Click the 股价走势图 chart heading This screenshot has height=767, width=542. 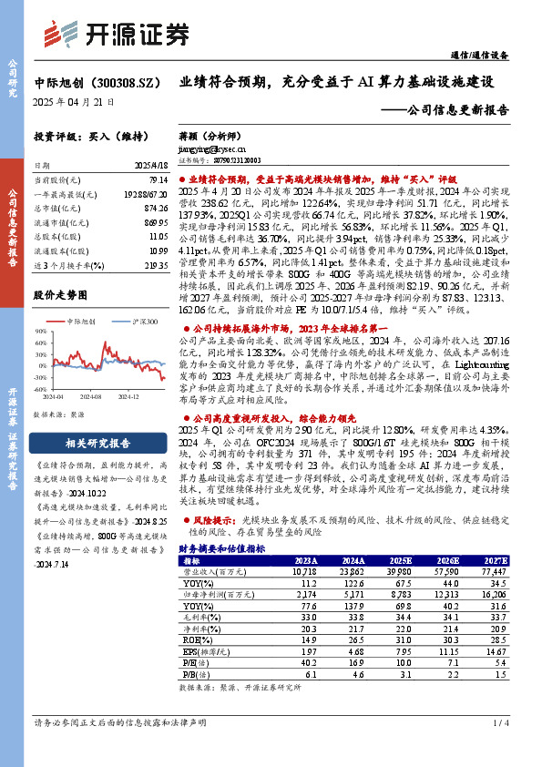[x=60, y=296]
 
